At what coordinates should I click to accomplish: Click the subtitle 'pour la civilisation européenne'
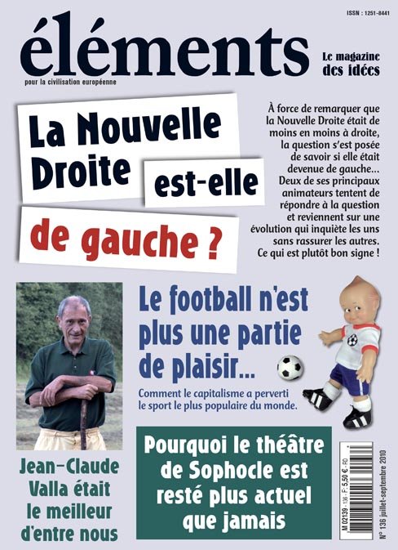pyautogui.click(x=78, y=83)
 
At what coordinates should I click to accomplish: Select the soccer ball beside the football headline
pyautogui.click(x=290, y=368)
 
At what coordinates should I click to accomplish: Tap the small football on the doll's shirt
pyautogui.click(x=351, y=341)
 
